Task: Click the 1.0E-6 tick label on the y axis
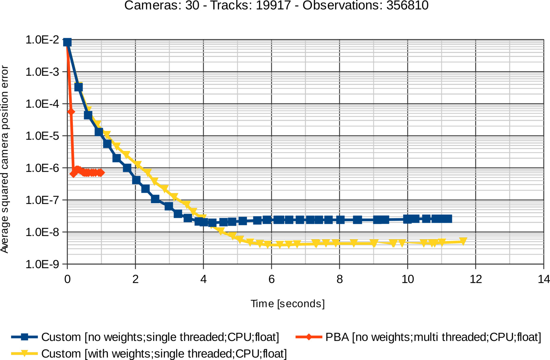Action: point(42,168)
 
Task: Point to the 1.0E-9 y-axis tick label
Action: point(42,264)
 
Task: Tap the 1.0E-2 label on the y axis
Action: point(42,40)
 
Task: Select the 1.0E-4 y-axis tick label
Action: point(42,104)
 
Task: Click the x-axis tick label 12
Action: point(476,279)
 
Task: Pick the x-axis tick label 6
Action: point(271,279)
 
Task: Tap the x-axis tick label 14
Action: point(544,279)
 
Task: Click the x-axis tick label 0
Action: point(68,279)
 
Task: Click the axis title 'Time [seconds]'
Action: point(287,303)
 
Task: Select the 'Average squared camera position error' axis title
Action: point(5,159)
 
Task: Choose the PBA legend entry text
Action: point(433,337)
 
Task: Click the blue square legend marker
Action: point(24,337)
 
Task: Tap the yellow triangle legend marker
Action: point(24,353)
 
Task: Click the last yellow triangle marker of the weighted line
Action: point(463,241)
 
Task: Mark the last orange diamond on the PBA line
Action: point(100,173)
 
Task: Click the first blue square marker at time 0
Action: point(68,42)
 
